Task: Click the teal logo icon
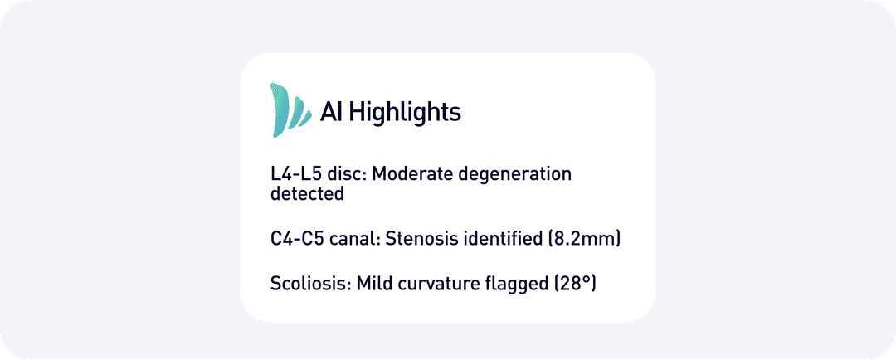point(290,110)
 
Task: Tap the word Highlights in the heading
point(405,112)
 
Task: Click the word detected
point(307,194)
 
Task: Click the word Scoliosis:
point(310,284)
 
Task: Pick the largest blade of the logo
point(278,110)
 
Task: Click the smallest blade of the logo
point(304,119)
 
